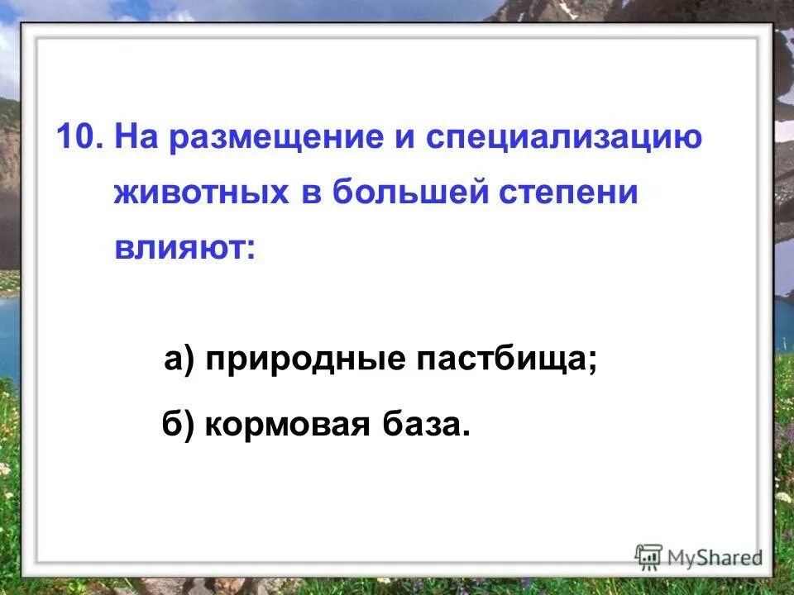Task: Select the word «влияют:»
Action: click(x=184, y=247)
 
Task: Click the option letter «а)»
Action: click(x=179, y=360)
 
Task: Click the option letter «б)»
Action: click(x=176, y=425)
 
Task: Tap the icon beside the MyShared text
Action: click(x=649, y=555)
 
